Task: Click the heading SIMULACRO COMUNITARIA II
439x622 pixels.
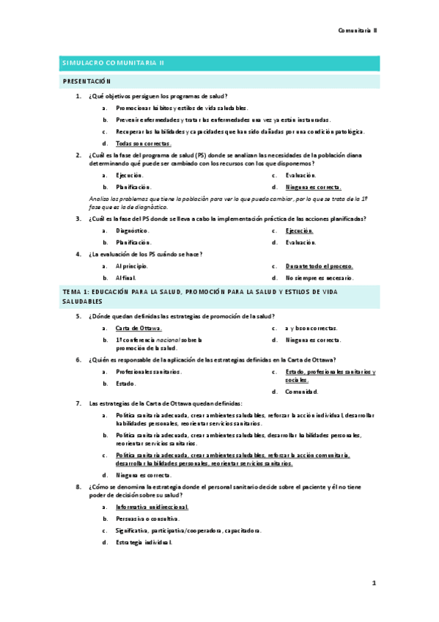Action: [113, 63]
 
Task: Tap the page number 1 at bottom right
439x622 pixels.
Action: [373, 583]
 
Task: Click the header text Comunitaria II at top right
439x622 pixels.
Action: [357, 30]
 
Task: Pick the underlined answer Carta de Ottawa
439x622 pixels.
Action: [139, 328]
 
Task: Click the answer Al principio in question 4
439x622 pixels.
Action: [132, 266]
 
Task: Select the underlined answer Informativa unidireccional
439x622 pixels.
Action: [152, 507]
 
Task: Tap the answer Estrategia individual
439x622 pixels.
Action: [144, 542]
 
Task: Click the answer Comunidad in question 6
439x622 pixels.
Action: [302, 392]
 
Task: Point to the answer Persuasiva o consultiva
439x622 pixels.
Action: [147, 519]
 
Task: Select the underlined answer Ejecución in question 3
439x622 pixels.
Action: [300, 230]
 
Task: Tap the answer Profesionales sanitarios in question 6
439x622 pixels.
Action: [149, 372]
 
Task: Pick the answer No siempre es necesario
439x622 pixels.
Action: [320, 278]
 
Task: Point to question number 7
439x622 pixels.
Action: [78, 403]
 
